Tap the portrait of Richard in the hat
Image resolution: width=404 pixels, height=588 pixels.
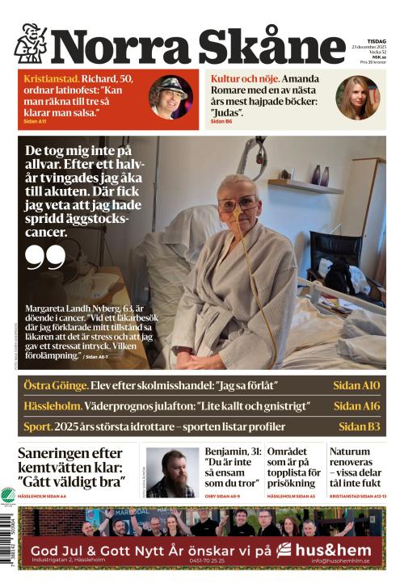[x=170, y=97]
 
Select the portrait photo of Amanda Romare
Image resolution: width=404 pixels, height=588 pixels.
[x=358, y=98]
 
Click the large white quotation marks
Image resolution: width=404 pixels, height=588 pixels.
[x=44, y=257]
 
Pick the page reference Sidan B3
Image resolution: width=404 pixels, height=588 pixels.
[x=359, y=426]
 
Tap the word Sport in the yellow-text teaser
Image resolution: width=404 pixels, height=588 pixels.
[x=37, y=426]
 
